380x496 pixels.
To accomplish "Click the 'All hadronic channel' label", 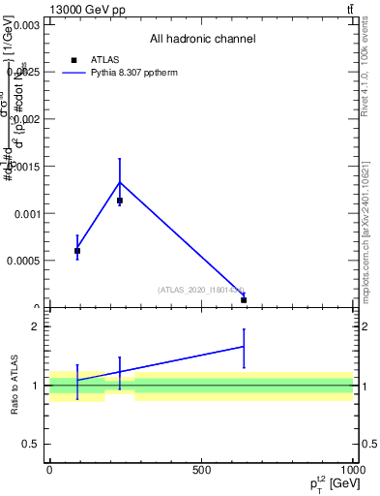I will pos(202,39).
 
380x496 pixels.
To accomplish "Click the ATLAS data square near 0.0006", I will pos(77,251).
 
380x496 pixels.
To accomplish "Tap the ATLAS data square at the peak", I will pos(119,201).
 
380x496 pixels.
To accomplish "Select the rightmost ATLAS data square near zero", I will pos(244,300).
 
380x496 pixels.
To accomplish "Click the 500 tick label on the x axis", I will pos(201,470).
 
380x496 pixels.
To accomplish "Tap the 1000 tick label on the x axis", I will pos(352,470).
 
